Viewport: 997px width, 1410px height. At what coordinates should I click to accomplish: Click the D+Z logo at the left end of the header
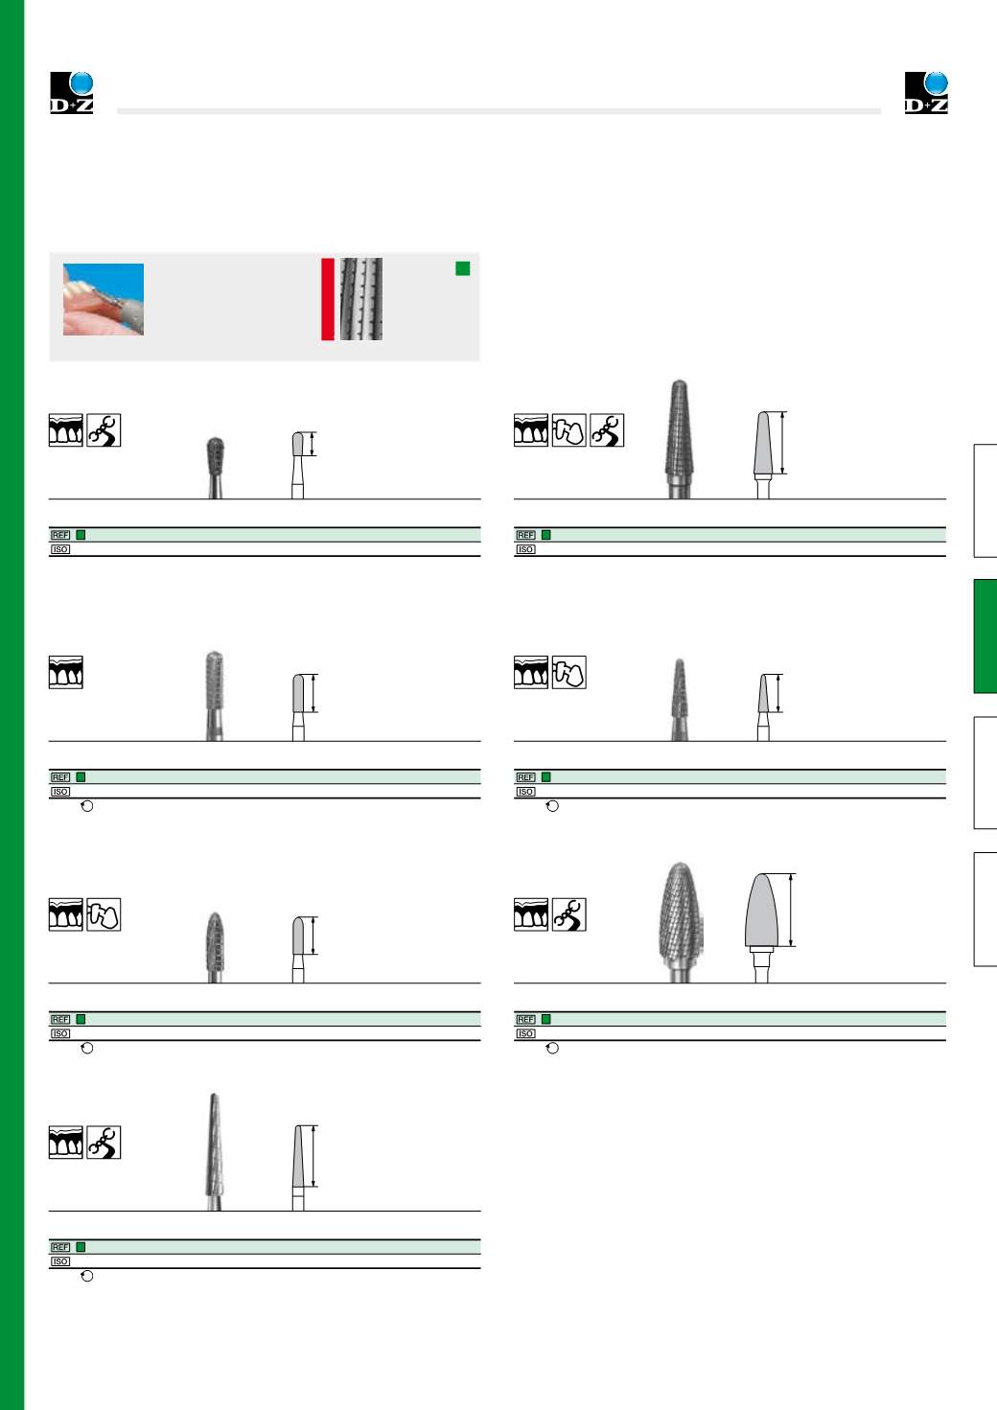pyautogui.click(x=72, y=93)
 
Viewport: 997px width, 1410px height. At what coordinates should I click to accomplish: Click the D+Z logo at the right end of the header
pyautogui.click(x=926, y=93)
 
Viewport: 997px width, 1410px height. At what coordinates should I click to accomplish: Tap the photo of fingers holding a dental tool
pyautogui.click(x=104, y=299)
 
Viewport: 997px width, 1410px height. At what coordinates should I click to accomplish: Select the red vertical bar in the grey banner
pyautogui.click(x=328, y=299)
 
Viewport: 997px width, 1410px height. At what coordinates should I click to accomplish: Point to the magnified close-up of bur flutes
pyautogui.click(x=361, y=299)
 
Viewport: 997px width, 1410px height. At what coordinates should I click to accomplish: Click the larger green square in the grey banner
pyautogui.click(x=463, y=268)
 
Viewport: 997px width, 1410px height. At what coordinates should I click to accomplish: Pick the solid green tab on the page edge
pyautogui.click(x=985, y=636)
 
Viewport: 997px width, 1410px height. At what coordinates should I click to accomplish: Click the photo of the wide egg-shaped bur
pyautogui.click(x=679, y=921)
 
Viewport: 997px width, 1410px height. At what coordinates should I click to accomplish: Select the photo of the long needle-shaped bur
pyautogui.click(x=215, y=1151)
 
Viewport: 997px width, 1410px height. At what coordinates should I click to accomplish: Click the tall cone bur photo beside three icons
pyautogui.click(x=679, y=439)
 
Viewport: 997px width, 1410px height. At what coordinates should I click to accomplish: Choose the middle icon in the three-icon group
pyautogui.click(x=569, y=430)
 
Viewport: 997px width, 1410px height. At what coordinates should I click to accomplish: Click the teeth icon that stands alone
pyautogui.click(x=66, y=672)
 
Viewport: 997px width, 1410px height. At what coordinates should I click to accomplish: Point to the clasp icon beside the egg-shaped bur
pyautogui.click(x=569, y=914)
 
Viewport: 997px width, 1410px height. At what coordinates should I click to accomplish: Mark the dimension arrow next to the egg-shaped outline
pyautogui.click(x=791, y=910)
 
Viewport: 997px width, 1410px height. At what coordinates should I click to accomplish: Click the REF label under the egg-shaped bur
pyautogui.click(x=525, y=1019)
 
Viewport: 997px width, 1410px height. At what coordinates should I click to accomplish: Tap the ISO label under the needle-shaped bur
pyautogui.click(x=60, y=1261)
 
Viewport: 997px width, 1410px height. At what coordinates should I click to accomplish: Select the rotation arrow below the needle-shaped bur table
pyautogui.click(x=87, y=1276)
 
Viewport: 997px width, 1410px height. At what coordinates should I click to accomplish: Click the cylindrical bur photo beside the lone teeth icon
pyautogui.click(x=215, y=696)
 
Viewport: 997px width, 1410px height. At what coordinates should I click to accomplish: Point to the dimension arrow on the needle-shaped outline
pyautogui.click(x=313, y=1156)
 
